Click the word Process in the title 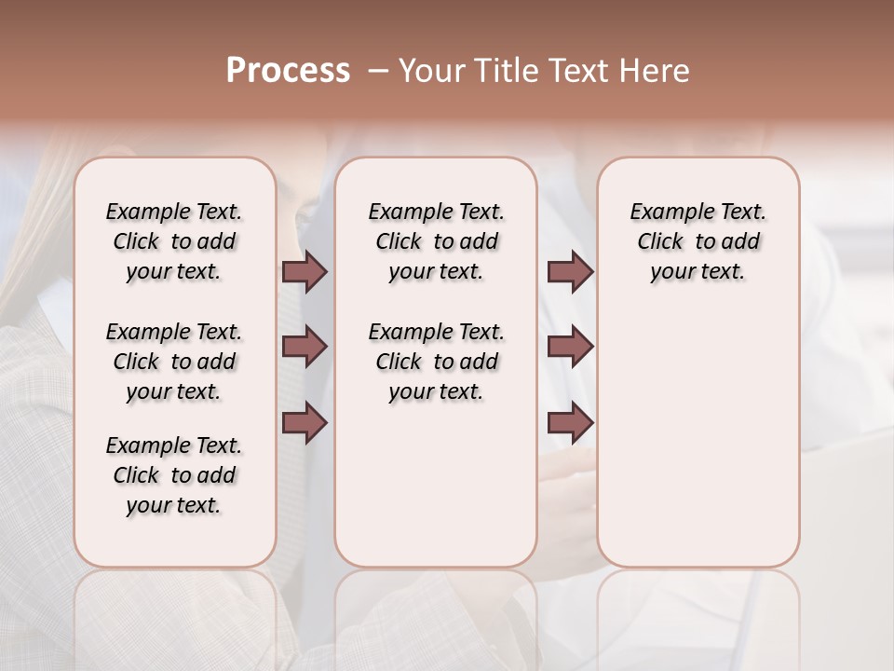[288, 71]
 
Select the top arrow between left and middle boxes [305, 271]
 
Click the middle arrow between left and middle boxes [305, 348]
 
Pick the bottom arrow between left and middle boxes [305, 424]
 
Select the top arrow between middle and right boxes [570, 271]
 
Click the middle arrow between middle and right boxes [570, 348]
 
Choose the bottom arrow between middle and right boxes [570, 424]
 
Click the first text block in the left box [174, 241]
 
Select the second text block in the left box [174, 362]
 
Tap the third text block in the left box [174, 475]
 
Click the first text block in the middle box [436, 241]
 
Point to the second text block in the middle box [436, 362]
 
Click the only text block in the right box [698, 241]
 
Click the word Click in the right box [660, 242]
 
